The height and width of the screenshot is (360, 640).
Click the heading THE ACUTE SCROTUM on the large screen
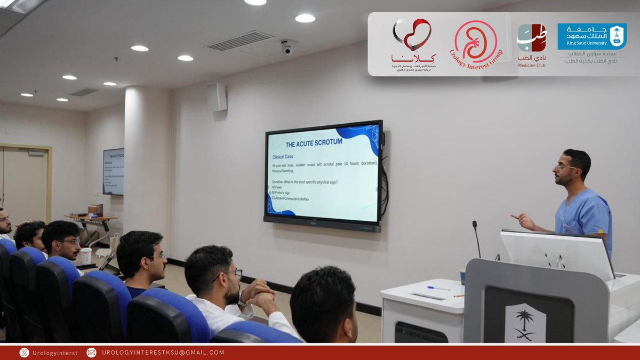(x=314, y=143)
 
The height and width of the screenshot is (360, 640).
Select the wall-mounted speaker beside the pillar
(x=217, y=97)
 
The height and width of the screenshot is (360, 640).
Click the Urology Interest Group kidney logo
(x=476, y=42)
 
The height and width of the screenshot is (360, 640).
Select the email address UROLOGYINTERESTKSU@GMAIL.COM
(x=163, y=353)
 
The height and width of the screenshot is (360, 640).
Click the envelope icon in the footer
(x=91, y=353)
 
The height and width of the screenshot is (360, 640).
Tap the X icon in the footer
(x=24, y=353)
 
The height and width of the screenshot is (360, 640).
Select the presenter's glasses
(x=565, y=167)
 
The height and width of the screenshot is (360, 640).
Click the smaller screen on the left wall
(x=114, y=171)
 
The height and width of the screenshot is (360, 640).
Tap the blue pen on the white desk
(x=439, y=288)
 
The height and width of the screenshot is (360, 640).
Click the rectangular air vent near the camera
(x=239, y=41)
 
